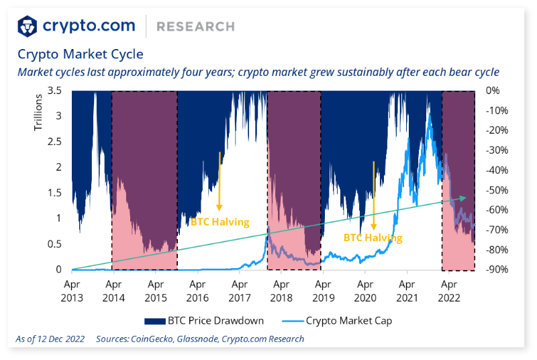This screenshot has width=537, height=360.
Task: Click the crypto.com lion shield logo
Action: pos(28,26)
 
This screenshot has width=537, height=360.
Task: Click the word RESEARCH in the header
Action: pos(195,27)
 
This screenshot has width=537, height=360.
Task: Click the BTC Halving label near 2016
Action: pos(219,222)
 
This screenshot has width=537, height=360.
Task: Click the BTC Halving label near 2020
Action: pos(373,238)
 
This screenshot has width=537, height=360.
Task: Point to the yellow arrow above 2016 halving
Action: pos(219,181)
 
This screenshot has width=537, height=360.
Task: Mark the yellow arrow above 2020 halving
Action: pos(373,195)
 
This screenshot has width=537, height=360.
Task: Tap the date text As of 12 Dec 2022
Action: pos(51,339)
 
